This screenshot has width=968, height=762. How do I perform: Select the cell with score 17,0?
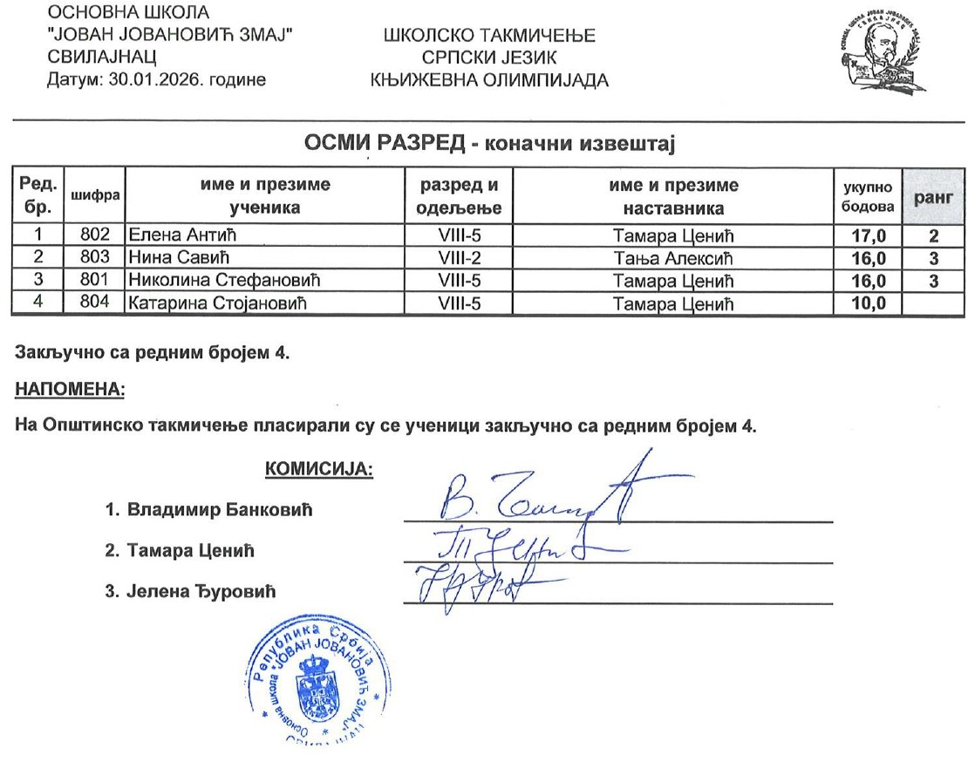point(868,235)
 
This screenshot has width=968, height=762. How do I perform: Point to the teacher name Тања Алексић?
point(673,258)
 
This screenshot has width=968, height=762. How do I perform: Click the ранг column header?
point(934,197)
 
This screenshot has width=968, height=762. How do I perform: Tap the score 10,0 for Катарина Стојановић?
point(868,303)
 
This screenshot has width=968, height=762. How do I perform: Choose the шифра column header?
point(96,197)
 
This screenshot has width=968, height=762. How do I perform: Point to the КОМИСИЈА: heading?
point(318,470)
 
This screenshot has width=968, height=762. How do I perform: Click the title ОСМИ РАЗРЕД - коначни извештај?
point(489,143)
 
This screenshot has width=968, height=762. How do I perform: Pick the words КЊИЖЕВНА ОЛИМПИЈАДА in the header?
point(489,80)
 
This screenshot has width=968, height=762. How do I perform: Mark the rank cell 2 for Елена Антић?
point(933,235)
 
